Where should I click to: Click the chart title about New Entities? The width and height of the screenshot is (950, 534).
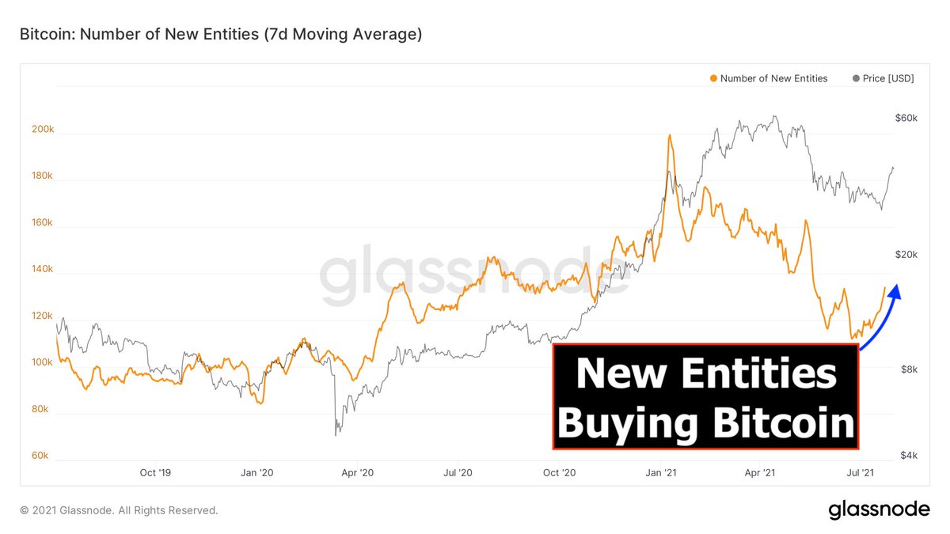click(220, 35)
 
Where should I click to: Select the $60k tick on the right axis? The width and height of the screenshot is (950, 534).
click(906, 118)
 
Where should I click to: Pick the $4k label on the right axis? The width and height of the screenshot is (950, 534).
click(909, 456)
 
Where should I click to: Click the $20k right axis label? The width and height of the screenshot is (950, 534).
click(906, 254)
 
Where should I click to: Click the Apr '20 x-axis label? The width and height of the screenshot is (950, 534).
click(357, 472)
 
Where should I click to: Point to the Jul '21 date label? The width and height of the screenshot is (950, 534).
click(860, 472)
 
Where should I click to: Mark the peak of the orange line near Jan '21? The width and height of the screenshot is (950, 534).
click(670, 135)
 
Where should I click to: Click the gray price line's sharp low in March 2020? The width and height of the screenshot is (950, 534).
click(336, 434)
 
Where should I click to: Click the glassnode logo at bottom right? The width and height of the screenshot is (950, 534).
click(879, 510)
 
